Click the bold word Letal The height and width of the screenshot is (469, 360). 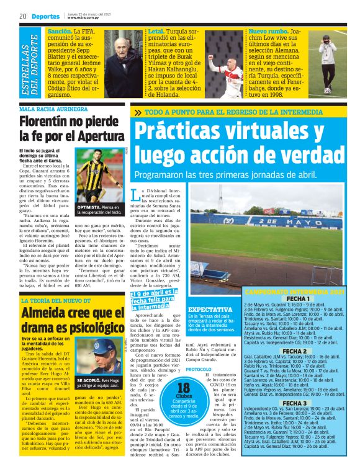coord(156,30)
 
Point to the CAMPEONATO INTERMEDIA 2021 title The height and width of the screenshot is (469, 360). coord(294,291)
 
